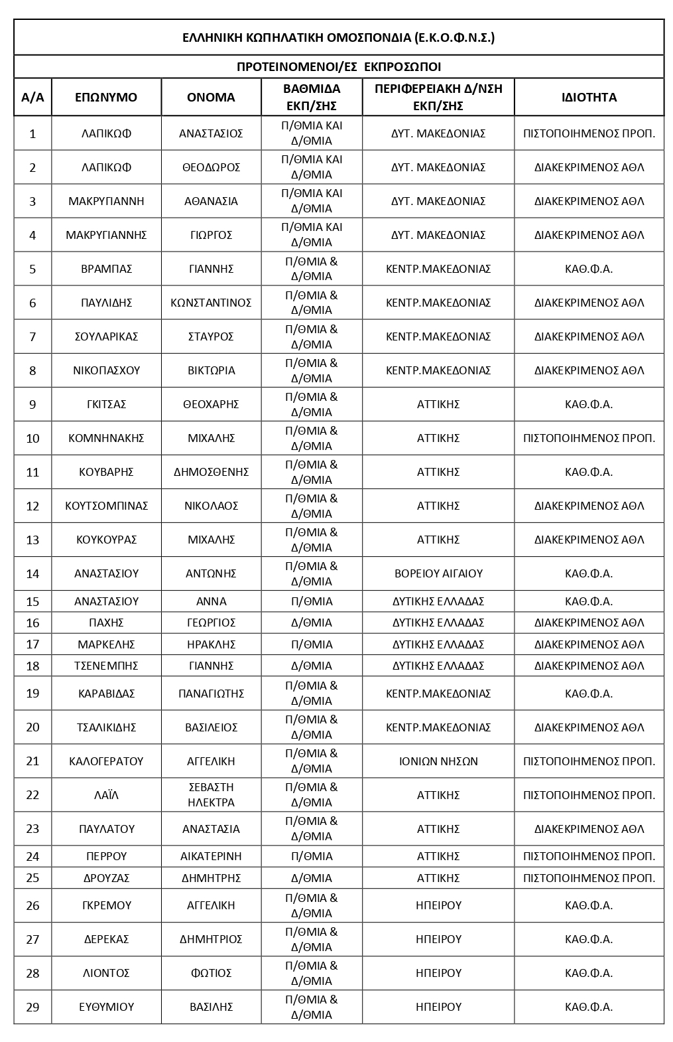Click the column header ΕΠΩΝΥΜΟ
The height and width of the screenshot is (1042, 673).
click(x=106, y=98)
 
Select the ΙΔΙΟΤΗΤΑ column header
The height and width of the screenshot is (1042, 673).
click(x=589, y=98)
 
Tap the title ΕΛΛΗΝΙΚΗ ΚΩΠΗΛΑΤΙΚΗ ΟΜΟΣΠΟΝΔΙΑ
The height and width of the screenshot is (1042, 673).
click(x=338, y=38)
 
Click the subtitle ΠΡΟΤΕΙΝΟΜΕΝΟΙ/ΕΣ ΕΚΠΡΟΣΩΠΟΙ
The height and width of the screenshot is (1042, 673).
click(x=338, y=67)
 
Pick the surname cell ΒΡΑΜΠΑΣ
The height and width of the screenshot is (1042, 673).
click(x=106, y=269)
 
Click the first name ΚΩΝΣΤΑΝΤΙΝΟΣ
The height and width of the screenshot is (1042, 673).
click(x=211, y=303)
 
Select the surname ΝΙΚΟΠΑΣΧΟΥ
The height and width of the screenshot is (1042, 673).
click(x=106, y=370)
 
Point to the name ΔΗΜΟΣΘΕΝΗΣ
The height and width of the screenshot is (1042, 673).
click(x=211, y=472)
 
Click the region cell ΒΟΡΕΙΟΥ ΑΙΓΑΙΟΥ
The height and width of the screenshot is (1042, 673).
click(x=438, y=573)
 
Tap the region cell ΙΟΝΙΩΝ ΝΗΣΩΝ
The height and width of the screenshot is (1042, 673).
click(x=438, y=761)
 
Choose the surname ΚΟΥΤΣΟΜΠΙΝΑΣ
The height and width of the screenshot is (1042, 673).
click(x=106, y=506)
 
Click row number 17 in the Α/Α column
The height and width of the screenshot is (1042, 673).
click(x=32, y=644)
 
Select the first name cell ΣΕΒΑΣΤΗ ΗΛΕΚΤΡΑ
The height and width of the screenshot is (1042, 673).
click(x=211, y=795)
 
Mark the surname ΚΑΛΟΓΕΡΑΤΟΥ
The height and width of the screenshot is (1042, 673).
click(x=106, y=761)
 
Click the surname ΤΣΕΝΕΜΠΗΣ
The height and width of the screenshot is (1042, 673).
click(x=106, y=666)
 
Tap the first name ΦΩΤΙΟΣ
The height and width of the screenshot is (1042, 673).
click(x=211, y=973)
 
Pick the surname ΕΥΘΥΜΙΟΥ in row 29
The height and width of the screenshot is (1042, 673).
click(x=106, y=1007)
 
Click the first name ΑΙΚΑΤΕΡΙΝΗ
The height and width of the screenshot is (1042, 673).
click(x=211, y=856)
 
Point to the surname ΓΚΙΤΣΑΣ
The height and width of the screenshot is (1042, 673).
click(x=106, y=404)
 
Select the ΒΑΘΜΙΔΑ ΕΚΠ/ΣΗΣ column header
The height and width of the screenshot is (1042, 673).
click(x=312, y=98)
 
